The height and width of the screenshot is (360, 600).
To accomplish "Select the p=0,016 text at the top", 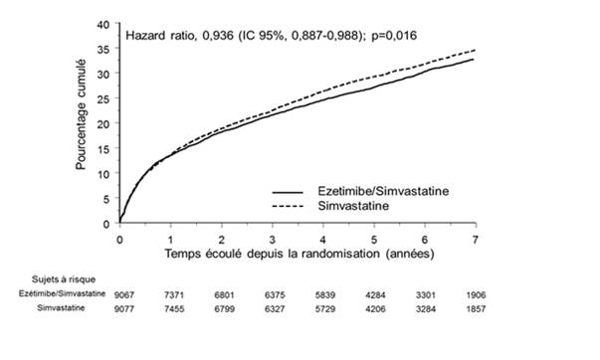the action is click(394, 36).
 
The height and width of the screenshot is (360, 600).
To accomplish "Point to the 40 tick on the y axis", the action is click(103, 25).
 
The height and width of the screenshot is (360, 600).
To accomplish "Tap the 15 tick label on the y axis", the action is click(103, 149).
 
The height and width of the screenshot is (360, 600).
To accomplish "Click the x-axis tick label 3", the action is click(272, 240).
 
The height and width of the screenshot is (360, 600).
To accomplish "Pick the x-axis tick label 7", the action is click(476, 240).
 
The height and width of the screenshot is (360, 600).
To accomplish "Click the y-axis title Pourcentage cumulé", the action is click(81, 114).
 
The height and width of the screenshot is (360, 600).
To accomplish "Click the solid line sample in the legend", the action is click(288, 192).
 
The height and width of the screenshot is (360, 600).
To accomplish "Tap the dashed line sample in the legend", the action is click(288, 207).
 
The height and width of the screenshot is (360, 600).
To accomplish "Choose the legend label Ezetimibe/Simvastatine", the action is click(383, 191).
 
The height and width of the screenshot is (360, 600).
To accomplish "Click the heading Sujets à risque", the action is click(64, 279).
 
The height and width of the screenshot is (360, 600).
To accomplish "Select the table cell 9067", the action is click(124, 295).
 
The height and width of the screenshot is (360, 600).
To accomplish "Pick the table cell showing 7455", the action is click(174, 308).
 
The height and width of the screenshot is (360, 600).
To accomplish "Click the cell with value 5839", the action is click(324, 295).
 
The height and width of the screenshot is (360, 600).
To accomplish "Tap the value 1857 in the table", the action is click(476, 308).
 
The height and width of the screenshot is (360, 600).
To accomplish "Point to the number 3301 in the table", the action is click(426, 295).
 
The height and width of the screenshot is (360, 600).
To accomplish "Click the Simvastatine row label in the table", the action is click(61, 308).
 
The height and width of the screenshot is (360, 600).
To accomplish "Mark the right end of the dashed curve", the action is click(475, 50).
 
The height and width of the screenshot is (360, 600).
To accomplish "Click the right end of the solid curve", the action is click(474, 59).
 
